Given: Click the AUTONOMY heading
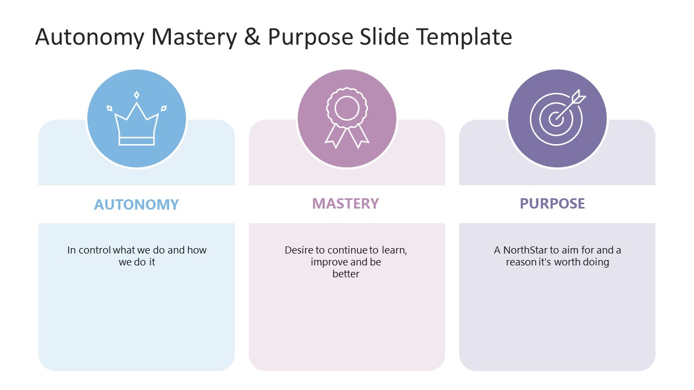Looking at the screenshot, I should [136, 204].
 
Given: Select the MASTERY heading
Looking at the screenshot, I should [345, 203].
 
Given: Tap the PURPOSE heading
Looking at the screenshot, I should [552, 203].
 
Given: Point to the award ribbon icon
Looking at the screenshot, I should [346, 118].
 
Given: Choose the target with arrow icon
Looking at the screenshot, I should [556, 118].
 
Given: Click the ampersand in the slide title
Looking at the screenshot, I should [252, 37].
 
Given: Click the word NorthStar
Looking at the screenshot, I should [525, 250].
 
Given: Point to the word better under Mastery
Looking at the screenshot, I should [346, 274].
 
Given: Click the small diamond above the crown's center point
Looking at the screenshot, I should [137, 95].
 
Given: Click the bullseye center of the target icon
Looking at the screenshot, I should [555, 120].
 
